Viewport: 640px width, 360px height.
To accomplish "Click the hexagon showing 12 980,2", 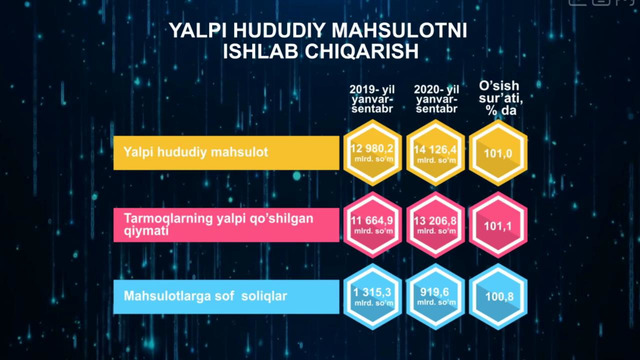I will [372, 153].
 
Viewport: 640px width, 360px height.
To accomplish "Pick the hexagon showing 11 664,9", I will [372, 224].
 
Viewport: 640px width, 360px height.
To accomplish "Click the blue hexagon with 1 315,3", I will [372, 295].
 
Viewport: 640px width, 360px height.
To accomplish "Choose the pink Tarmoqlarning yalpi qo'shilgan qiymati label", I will [190, 223].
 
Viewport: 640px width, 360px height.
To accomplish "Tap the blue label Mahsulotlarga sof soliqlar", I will [189, 295].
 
